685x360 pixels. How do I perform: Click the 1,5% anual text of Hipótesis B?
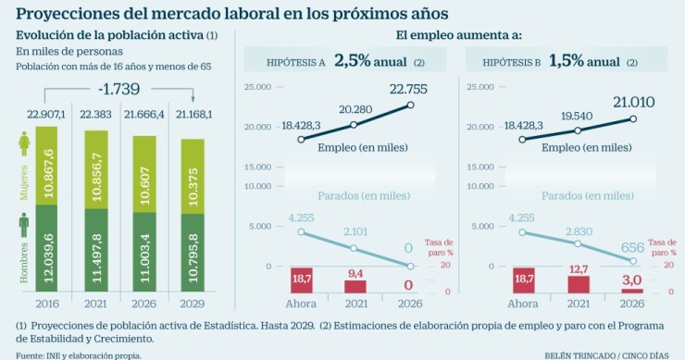tap(583, 62)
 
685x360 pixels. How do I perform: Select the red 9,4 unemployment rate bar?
tap(355, 285)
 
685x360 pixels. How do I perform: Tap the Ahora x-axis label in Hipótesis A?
tap(302, 303)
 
